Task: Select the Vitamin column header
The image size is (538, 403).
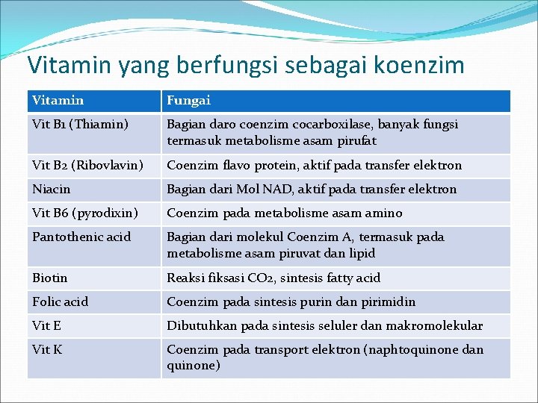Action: [58, 100]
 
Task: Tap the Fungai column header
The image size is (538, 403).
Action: [188, 100]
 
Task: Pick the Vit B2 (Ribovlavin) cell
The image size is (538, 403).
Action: [87, 166]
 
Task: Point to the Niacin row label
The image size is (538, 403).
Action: [52, 190]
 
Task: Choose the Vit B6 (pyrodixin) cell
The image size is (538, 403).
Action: [85, 213]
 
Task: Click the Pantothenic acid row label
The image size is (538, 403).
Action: [81, 237]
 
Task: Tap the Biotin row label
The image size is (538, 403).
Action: [50, 278]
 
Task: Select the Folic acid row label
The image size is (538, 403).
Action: [61, 302]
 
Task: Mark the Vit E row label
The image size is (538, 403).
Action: [46, 326]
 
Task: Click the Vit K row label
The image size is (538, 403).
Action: [47, 350]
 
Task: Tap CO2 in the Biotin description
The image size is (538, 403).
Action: [260, 278]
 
